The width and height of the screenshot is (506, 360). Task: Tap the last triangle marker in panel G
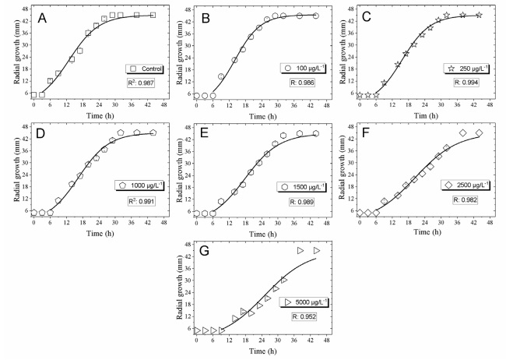click(x=317, y=250)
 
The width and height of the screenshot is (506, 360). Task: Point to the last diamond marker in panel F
click(x=479, y=133)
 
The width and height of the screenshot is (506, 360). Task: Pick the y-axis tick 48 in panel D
click(x=24, y=127)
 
